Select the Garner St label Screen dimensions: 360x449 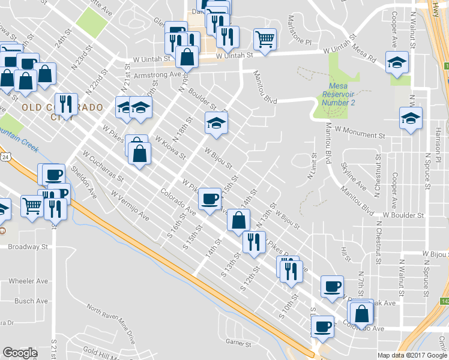(x=238, y=343)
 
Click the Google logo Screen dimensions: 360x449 (x=20, y=353)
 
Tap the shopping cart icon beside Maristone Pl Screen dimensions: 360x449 (x=265, y=39)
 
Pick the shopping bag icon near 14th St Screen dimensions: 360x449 (x=238, y=220)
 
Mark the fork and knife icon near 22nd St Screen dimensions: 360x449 (x=66, y=104)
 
